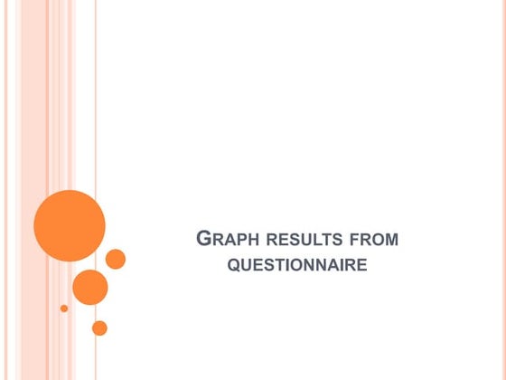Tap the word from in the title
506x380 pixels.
point(374,241)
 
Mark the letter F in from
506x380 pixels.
point(352,241)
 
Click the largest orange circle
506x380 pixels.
point(70,226)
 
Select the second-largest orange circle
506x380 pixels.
point(90,287)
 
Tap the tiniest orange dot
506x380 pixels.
point(64,309)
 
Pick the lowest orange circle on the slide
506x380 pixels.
point(99,328)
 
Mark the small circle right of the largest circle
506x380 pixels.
point(116,259)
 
